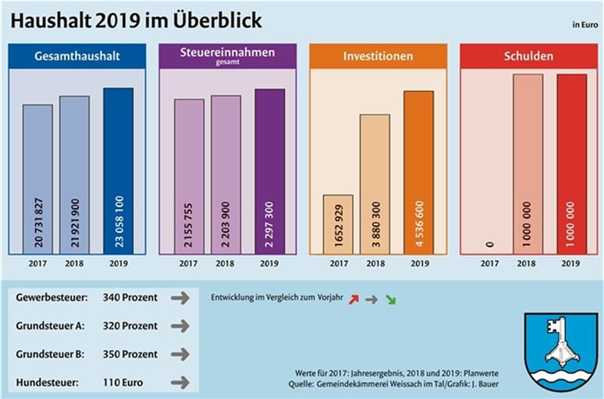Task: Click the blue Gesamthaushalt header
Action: point(76,56)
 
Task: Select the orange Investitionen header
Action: point(378,56)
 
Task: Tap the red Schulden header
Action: point(528,56)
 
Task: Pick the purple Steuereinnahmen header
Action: point(227,56)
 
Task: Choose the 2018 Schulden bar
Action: point(528,164)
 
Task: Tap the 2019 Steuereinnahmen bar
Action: point(270,171)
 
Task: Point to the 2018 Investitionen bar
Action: point(375,183)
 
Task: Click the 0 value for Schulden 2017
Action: point(490,244)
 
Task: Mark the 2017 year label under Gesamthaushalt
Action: point(37,263)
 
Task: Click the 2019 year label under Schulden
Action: point(571,263)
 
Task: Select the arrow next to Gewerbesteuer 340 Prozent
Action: point(180,298)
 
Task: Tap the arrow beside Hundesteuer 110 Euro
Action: point(180,382)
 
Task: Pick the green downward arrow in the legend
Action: point(390,298)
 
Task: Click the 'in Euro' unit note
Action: point(584,25)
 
